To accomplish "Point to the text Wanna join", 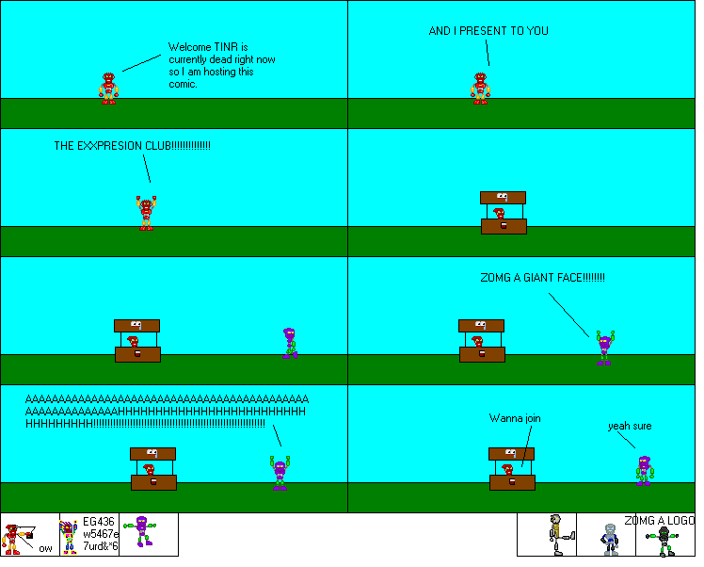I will (x=515, y=418).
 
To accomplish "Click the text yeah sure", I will (x=630, y=426).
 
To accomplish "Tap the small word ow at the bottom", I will (x=45, y=548).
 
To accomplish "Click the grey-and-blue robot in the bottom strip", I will (x=609, y=537).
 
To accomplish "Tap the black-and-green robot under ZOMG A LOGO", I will (x=664, y=541).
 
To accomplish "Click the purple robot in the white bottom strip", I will (x=142, y=530).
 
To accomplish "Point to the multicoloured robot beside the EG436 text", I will (x=69, y=537).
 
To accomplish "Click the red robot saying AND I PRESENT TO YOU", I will (x=480, y=88).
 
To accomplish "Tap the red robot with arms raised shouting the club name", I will (x=146, y=213).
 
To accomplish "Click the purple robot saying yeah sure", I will (x=644, y=469).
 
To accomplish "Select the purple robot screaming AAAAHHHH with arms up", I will (x=280, y=473).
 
